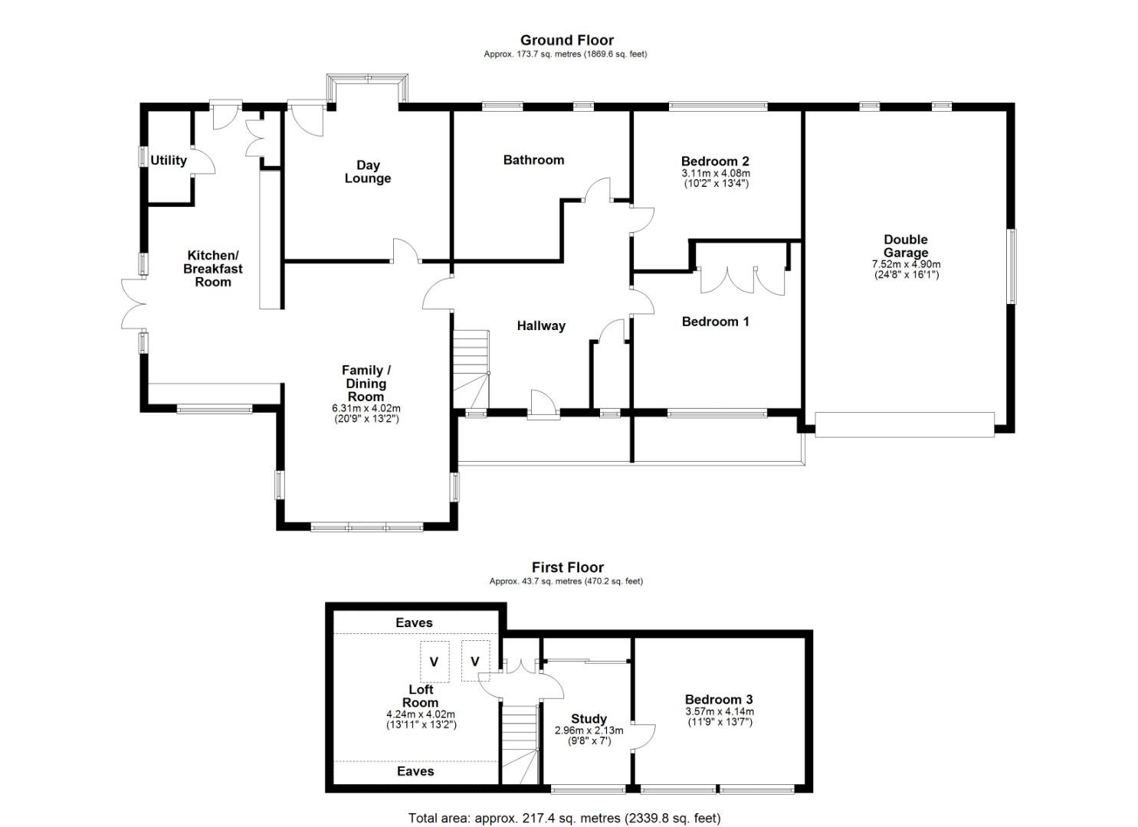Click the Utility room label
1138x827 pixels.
(x=168, y=160)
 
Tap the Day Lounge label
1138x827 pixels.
(x=368, y=172)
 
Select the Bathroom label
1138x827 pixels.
(x=533, y=160)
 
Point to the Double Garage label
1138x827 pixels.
(x=905, y=246)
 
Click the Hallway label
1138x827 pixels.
(x=540, y=325)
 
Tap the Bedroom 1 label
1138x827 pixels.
(x=715, y=322)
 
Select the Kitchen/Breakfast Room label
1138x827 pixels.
(x=213, y=269)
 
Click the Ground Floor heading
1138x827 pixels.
(x=566, y=40)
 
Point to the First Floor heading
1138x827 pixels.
(x=567, y=567)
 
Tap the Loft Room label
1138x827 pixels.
(x=421, y=696)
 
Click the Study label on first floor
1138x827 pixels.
(x=589, y=719)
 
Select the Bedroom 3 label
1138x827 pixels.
(x=718, y=699)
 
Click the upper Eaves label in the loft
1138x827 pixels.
(x=414, y=623)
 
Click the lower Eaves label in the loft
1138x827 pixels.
(x=415, y=771)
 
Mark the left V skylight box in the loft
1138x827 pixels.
(x=434, y=662)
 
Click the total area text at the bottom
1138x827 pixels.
(x=564, y=818)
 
